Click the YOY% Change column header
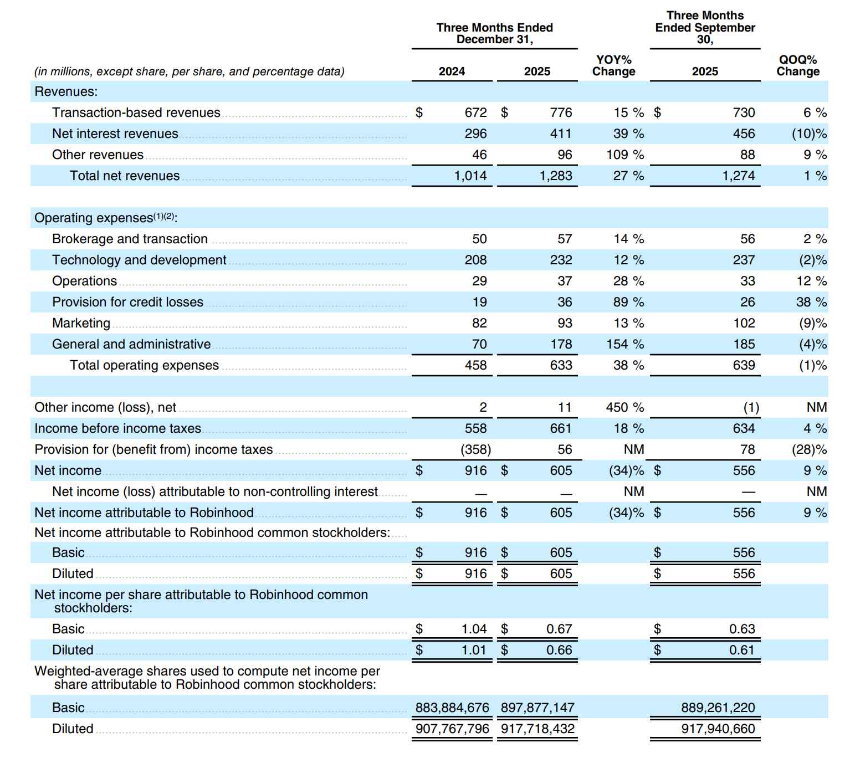point(613,66)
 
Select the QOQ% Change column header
point(797,66)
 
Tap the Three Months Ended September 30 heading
point(704,28)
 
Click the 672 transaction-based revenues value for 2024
point(475,112)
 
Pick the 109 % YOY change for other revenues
point(624,155)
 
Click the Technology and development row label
point(139,260)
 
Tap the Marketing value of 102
point(744,323)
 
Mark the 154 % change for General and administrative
point(624,344)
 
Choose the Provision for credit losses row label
point(127,302)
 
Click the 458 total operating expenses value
point(475,365)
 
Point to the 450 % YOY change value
point(624,407)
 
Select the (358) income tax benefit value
point(475,449)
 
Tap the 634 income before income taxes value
point(744,428)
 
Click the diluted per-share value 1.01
point(474,650)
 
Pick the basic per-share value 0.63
point(742,629)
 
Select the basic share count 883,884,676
point(452,708)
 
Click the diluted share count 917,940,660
point(718,729)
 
